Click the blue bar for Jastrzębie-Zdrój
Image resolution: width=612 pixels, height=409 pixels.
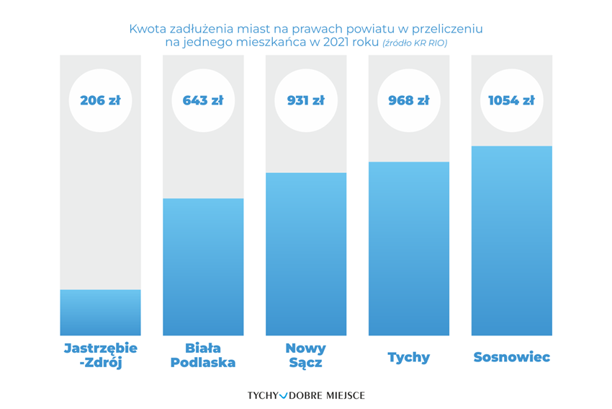[x=100, y=312]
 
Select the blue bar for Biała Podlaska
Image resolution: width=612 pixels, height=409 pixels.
[x=203, y=267]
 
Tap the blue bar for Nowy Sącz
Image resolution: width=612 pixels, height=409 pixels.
[x=306, y=254]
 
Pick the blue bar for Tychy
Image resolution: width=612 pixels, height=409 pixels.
[x=409, y=248]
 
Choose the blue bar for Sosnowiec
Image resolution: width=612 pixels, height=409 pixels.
[x=512, y=240]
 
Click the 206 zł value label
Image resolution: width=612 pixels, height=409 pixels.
[x=100, y=100]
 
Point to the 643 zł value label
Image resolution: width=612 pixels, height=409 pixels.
[x=203, y=100]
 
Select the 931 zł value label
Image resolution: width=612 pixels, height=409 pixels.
[x=306, y=100]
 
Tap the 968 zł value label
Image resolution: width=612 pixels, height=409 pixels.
[x=409, y=100]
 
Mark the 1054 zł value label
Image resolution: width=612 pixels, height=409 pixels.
[x=512, y=100]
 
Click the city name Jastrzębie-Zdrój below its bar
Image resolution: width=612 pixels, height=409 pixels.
[x=100, y=356]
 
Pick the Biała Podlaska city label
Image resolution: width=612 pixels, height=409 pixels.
[x=203, y=356]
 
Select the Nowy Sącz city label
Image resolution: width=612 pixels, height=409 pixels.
[x=306, y=356]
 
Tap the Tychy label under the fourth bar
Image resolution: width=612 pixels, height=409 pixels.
[x=409, y=357]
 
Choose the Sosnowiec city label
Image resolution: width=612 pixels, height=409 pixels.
[x=512, y=357]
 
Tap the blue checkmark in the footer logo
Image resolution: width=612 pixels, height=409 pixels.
[x=283, y=395]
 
